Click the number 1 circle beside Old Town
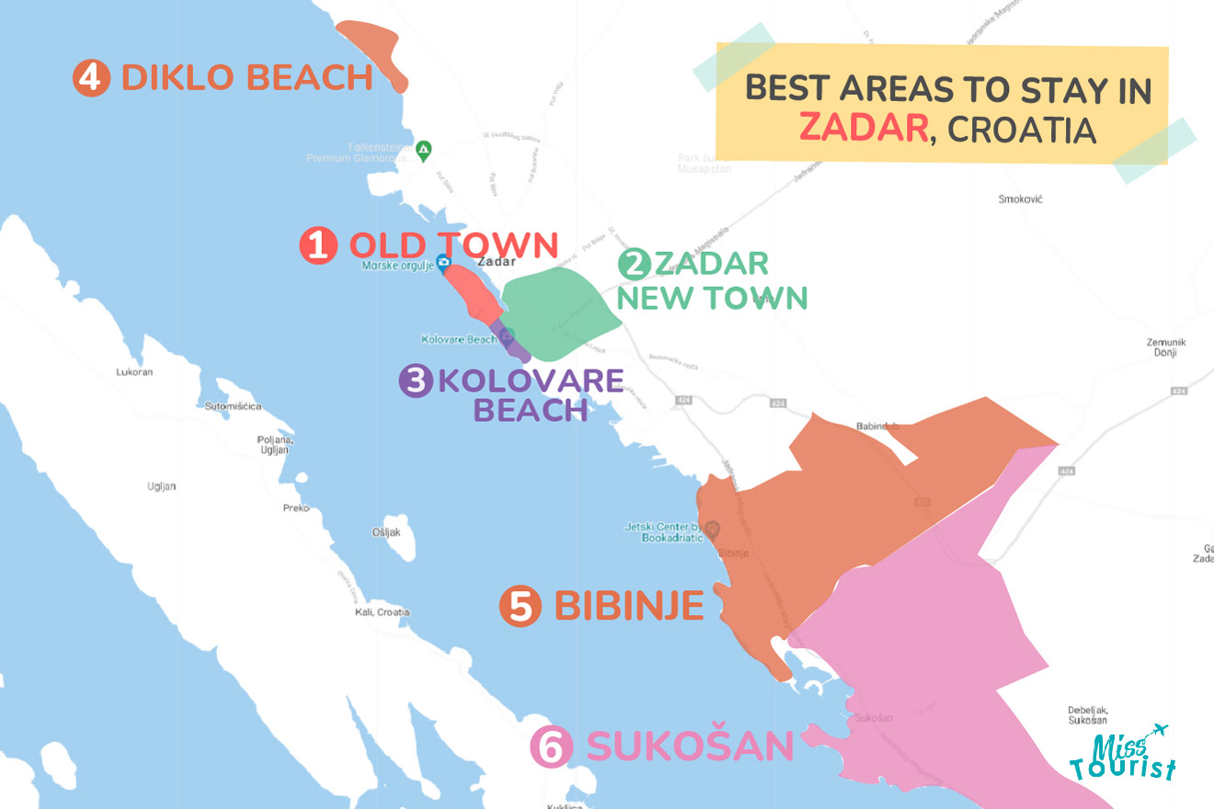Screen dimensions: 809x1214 pos(318,246)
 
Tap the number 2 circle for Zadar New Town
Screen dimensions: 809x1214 pos(635,265)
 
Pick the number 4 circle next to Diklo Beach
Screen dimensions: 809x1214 pos(89,78)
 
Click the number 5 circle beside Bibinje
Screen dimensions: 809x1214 pos(521,608)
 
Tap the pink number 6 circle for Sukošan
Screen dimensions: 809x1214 pos(551,747)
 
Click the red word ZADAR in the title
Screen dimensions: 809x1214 pos(863,129)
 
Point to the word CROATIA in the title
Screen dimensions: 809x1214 pos(1022,130)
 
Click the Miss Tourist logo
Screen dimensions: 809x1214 pos(1122,753)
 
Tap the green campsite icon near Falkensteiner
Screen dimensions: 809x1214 pos(423,148)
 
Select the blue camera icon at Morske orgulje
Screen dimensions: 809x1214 pos(443,265)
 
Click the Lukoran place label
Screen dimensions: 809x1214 pos(134,372)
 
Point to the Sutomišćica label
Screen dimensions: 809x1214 pos(233,405)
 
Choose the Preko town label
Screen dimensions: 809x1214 pos(296,507)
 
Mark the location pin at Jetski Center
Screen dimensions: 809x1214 pos(713,529)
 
